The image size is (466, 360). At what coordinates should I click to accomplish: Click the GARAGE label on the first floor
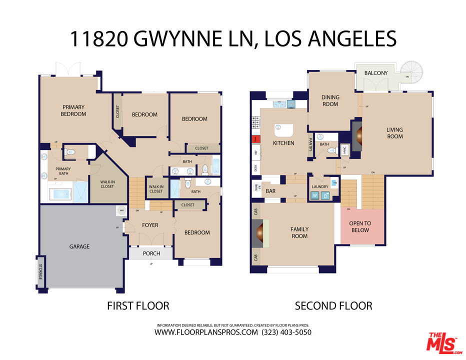(79, 246)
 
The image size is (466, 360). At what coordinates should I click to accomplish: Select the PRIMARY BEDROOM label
(73, 110)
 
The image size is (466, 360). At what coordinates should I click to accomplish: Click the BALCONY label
(375, 73)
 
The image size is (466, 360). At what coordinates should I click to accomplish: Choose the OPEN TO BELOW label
(360, 226)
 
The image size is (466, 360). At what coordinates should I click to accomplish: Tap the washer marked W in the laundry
(315, 195)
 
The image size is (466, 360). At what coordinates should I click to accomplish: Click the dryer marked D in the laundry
(325, 195)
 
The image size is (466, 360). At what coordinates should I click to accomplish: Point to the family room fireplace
(260, 233)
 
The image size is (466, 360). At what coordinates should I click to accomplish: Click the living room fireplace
(358, 134)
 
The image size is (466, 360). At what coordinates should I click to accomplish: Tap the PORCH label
(151, 253)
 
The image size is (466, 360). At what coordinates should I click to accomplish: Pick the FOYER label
(150, 225)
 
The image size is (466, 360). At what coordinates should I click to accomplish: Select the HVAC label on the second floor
(345, 148)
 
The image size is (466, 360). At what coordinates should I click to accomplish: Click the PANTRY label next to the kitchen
(310, 144)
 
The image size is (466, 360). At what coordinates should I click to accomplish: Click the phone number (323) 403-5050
(286, 332)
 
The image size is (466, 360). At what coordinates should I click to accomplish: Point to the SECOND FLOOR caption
(333, 305)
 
